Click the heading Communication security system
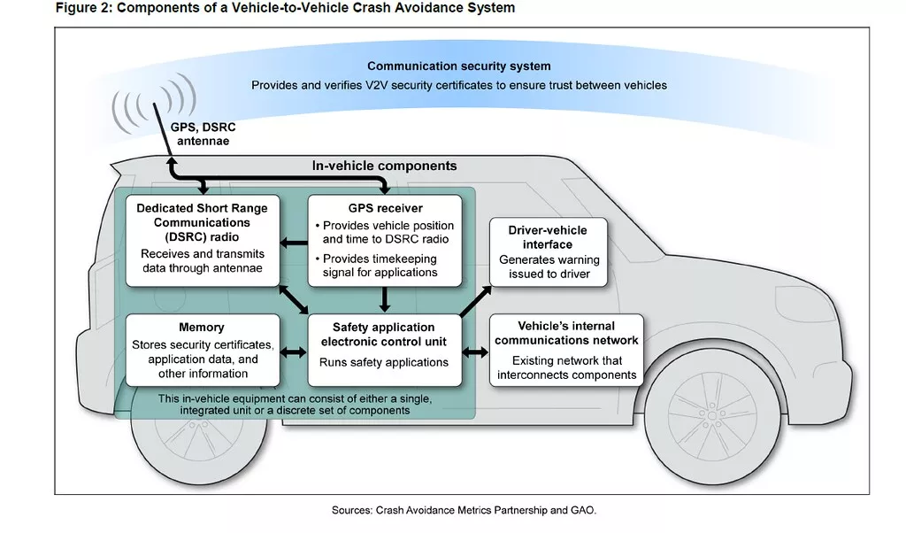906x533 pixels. click(458, 66)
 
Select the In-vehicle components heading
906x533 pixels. click(384, 166)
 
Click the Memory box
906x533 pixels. click(202, 350)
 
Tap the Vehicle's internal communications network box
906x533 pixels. click(566, 350)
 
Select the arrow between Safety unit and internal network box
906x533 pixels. click(476, 352)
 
